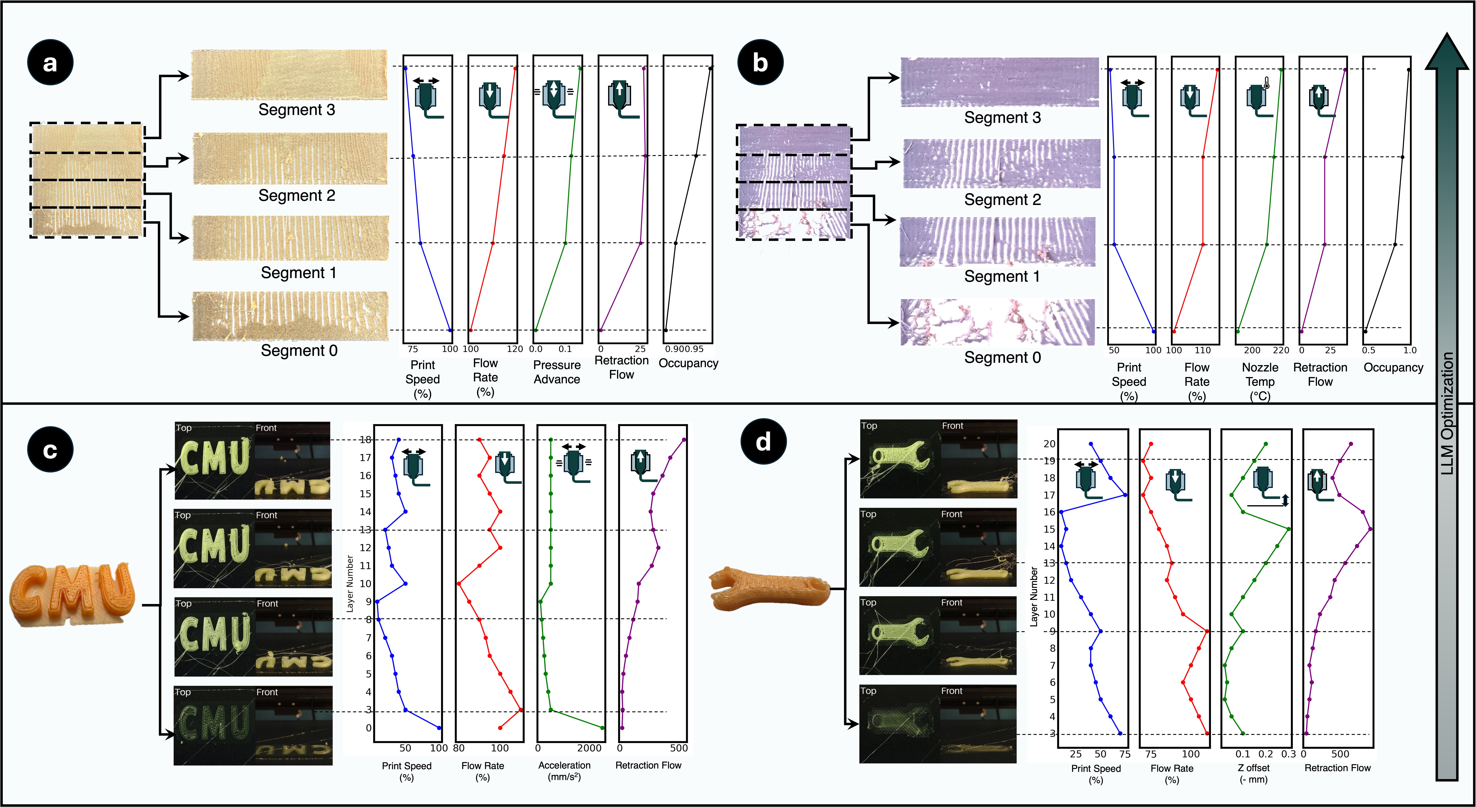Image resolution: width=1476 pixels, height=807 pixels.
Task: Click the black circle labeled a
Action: (x=50, y=62)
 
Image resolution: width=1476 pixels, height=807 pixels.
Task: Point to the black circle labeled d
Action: (x=763, y=442)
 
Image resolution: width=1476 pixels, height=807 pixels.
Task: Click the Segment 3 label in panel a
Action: (x=296, y=109)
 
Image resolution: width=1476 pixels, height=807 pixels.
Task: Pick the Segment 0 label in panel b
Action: (x=1002, y=357)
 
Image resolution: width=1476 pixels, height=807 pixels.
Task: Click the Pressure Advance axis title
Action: (x=556, y=372)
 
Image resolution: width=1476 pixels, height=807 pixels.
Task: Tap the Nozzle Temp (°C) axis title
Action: (x=1260, y=381)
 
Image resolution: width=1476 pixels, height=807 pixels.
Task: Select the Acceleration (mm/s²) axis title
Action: (x=564, y=771)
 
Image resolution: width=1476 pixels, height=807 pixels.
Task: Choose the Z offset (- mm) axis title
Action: (x=1254, y=773)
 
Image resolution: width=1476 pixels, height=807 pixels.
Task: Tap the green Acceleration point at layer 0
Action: (x=602, y=728)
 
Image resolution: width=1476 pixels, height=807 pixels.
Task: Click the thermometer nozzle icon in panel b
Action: (x=1259, y=97)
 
